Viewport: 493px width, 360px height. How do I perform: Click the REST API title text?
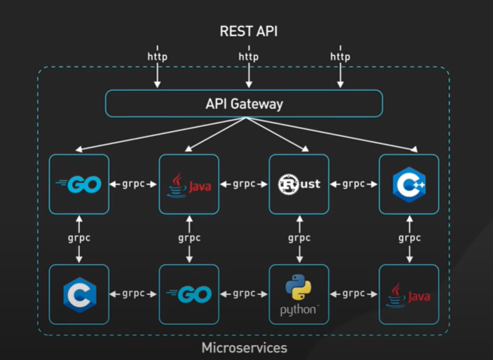tap(248, 32)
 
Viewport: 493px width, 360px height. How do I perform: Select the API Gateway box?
tap(244, 103)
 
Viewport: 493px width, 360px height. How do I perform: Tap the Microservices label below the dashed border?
tap(244, 348)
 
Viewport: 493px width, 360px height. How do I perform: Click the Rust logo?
tap(299, 184)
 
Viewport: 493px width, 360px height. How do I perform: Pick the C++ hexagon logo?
tap(409, 184)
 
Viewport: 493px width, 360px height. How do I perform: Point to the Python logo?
tap(299, 288)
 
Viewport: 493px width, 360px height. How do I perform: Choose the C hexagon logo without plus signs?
tap(79, 294)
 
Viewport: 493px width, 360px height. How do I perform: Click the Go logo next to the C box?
tap(188, 294)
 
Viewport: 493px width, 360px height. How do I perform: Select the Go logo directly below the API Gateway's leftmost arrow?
tap(79, 184)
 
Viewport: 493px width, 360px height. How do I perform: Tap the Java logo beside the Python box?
tap(409, 294)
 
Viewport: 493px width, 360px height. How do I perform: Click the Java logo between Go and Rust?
tap(188, 184)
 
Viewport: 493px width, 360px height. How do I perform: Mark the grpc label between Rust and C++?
tap(353, 184)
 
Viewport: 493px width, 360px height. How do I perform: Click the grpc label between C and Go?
tap(134, 293)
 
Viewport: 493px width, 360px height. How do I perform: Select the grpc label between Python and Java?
tap(353, 293)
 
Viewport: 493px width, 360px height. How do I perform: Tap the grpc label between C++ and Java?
tap(409, 239)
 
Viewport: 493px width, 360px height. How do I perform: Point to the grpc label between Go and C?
tap(79, 239)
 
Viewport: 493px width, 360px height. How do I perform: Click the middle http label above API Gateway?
tap(248, 57)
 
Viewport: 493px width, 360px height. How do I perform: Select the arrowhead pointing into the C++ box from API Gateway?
tap(414, 150)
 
